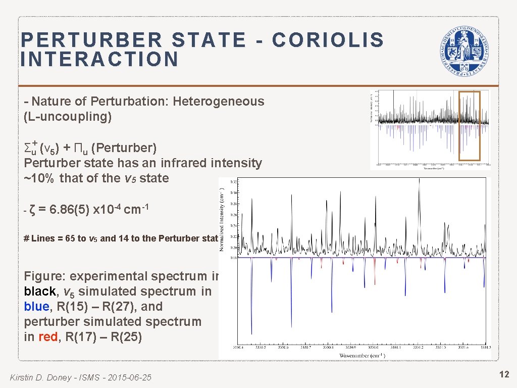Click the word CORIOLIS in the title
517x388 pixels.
pyautogui.click(x=328, y=40)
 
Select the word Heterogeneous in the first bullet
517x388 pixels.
pyautogui.click(x=218, y=102)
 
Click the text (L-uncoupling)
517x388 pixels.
pyautogui.click(x=68, y=117)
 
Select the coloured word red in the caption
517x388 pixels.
pyautogui.click(x=47, y=337)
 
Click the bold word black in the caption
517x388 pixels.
pyautogui.click(x=40, y=292)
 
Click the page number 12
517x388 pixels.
pyautogui.click(x=503, y=374)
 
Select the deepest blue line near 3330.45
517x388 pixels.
pyautogui.click(x=251, y=323)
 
